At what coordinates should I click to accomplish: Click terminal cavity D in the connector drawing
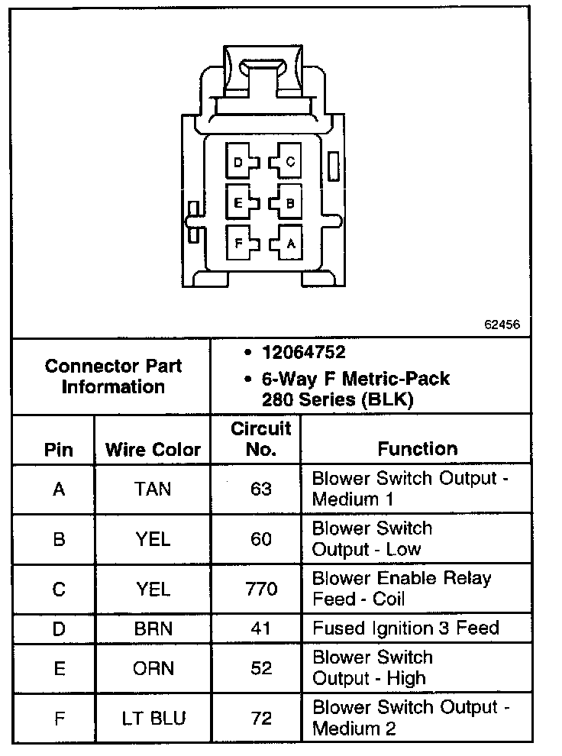pos(240,162)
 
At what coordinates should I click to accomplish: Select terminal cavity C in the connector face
pos(289,162)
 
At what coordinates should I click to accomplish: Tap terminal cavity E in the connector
pos(240,203)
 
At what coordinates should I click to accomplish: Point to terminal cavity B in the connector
pos(289,203)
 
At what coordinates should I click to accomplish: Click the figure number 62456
pos(502,324)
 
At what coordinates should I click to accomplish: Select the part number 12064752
pos(303,353)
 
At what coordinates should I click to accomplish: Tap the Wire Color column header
pos(153,449)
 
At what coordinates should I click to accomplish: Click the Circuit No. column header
pos(261,438)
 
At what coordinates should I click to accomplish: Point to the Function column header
pos(417,449)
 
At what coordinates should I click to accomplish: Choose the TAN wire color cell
pos(153,489)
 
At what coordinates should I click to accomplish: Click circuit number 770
pos(261,589)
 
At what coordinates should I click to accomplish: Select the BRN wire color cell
pos(153,628)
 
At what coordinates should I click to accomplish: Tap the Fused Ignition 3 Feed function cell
pos(405,628)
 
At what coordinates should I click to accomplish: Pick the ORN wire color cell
pos(153,668)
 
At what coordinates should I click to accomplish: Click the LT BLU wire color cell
pos(153,719)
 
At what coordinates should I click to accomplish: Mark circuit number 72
pos(261,719)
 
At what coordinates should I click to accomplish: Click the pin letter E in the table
pos(59,668)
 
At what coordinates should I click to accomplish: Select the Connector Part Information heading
pos(113,376)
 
